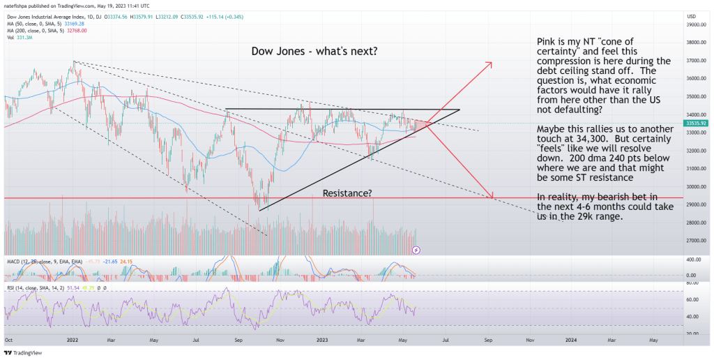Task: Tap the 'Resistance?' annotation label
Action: (x=346, y=192)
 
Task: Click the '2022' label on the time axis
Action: (x=71, y=340)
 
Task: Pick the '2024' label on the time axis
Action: (x=570, y=340)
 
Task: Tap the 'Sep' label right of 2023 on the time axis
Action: (x=488, y=340)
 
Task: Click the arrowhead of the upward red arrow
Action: (x=491, y=64)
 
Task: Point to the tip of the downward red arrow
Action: (x=492, y=197)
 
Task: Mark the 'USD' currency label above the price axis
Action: (x=692, y=16)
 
